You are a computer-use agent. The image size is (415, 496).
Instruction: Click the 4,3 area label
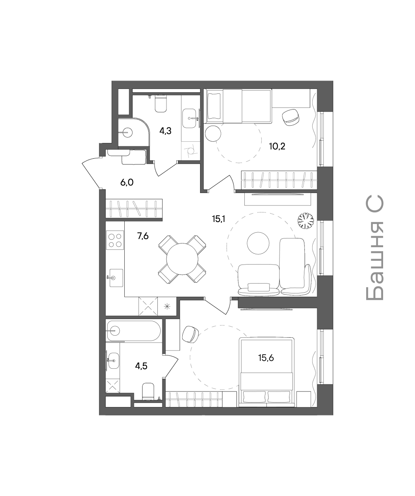166,131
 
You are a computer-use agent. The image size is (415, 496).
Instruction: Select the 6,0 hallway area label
127,182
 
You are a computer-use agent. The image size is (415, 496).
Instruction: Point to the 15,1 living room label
218,219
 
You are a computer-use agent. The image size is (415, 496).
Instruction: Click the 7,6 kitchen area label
143,236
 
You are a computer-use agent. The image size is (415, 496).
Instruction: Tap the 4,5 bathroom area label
141,366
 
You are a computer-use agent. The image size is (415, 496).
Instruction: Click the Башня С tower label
375,248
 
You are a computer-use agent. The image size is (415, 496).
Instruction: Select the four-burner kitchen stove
115,240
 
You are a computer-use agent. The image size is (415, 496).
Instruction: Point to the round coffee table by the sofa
258,243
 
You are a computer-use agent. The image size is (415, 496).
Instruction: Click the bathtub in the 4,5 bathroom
134,331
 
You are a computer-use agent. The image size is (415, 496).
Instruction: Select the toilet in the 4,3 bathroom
161,104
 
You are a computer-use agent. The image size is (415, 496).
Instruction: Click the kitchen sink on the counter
115,278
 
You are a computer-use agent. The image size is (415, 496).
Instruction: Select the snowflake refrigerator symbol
167,306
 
